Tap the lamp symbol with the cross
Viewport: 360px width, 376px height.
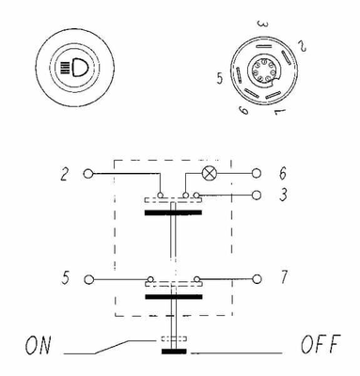click(209, 173)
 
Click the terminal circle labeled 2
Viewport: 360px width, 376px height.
click(88, 173)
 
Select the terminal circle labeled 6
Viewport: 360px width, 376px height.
click(257, 173)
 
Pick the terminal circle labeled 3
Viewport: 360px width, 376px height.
click(257, 196)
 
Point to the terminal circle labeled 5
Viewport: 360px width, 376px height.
click(89, 279)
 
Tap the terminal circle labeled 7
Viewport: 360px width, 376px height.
click(257, 279)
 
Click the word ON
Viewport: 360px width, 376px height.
click(38, 345)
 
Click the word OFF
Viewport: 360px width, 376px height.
click(321, 344)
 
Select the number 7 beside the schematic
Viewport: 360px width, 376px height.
click(284, 277)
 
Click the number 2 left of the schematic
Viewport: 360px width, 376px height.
click(64, 174)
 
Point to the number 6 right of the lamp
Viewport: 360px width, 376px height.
click(283, 173)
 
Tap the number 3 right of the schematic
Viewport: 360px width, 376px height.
click(283, 195)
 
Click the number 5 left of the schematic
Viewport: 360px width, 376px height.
click(65, 278)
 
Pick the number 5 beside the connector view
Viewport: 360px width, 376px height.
click(220, 78)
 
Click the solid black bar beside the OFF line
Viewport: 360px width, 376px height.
click(174, 352)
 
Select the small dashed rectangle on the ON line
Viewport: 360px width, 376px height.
click(174, 339)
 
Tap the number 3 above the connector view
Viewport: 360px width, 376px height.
click(262, 24)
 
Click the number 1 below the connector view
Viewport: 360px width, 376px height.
click(280, 112)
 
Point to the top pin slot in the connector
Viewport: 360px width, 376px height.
click(263, 47)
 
